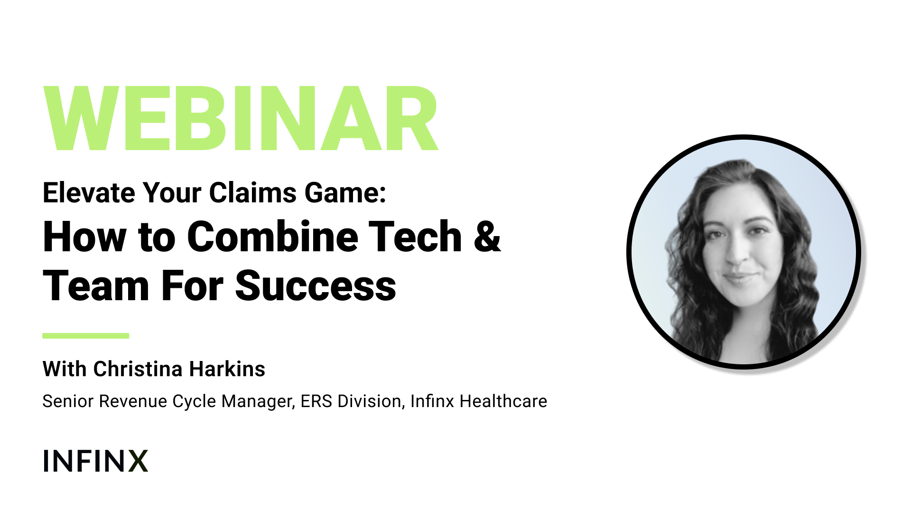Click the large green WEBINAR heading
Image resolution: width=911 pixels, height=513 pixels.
[241, 118]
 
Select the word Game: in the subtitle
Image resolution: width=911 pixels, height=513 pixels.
[345, 192]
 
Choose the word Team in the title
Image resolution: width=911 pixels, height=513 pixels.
[96, 286]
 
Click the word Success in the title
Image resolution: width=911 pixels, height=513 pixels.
[316, 286]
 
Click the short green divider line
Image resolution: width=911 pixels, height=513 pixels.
[86, 336]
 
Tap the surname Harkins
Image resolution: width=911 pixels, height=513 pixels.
[227, 369]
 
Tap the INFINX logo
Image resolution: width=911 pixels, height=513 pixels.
[95, 461]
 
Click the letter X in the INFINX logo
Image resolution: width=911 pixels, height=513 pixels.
[138, 461]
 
